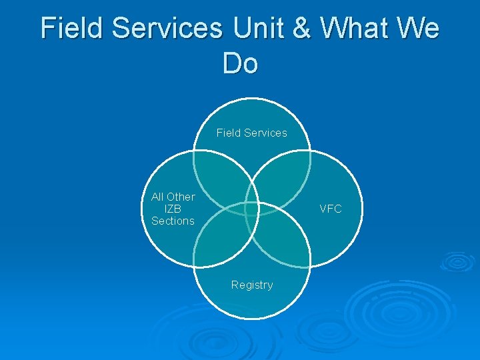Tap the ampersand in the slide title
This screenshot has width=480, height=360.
pos(305,28)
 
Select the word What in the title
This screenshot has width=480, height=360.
pos(354,28)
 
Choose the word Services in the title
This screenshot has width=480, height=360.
pos(169,28)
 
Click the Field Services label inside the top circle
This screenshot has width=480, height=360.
pos(252,133)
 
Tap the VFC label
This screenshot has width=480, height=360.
pos(331,209)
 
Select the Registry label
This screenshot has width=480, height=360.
pos(252,285)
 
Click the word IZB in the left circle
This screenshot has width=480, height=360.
pos(173,209)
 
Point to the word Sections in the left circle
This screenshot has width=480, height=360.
pos(173,221)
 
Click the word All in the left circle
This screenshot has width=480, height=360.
pos(157,197)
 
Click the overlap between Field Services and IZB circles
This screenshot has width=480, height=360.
pos(219,176)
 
